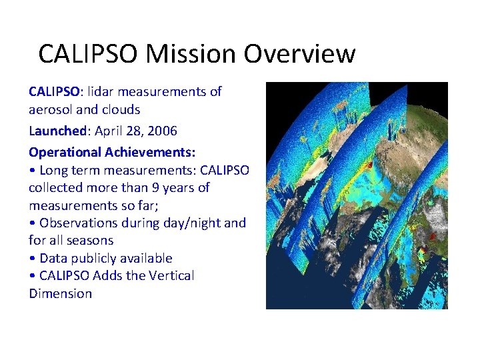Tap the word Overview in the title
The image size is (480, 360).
click(x=299, y=54)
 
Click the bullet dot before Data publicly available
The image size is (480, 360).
click(x=32, y=259)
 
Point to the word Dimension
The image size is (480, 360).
click(x=60, y=293)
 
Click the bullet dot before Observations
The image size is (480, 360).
click(x=32, y=223)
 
